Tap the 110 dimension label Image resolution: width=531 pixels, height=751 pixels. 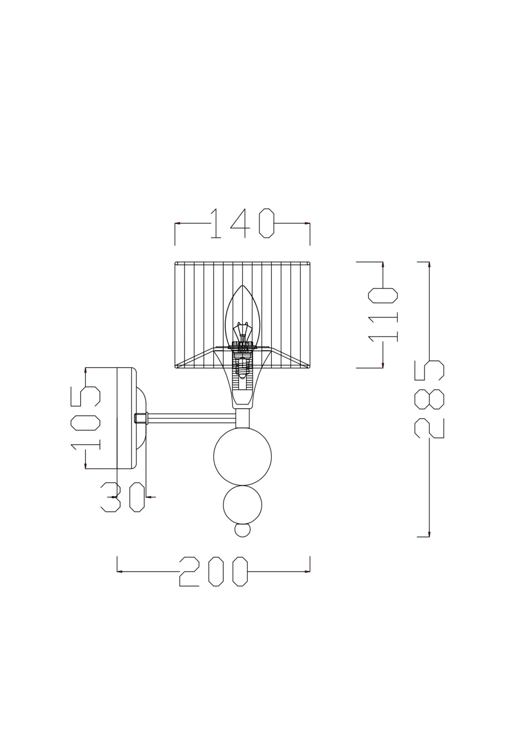pyautogui.click(x=383, y=315)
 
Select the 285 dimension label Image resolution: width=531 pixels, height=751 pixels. pyautogui.click(x=429, y=399)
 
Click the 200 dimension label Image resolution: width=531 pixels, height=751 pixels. pyautogui.click(x=213, y=572)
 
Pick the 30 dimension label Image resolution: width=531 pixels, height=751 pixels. pyautogui.click(x=123, y=497)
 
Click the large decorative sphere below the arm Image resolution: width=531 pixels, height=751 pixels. pyautogui.click(x=242, y=457)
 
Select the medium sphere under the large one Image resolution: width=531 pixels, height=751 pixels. pyautogui.click(x=242, y=505)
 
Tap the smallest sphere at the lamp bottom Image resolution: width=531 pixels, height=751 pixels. pyautogui.click(x=242, y=530)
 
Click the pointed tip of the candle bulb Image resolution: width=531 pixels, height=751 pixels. pyautogui.click(x=243, y=287)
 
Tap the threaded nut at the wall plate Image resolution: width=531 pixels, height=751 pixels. pyautogui.click(x=141, y=418)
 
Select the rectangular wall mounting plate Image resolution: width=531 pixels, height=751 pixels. pyautogui.click(x=126, y=418)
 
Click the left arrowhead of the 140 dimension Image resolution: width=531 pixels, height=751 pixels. pyautogui.click(x=177, y=223)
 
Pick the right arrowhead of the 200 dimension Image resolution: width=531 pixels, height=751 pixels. pyautogui.click(x=307, y=572)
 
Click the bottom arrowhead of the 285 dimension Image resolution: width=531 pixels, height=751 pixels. pyautogui.click(x=429, y=534)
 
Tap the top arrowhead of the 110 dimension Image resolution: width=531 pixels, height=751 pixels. pyautogui.click(x=383, y=265)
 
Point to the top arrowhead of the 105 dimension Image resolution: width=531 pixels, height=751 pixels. pyautogui.click(x=86, y=370)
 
